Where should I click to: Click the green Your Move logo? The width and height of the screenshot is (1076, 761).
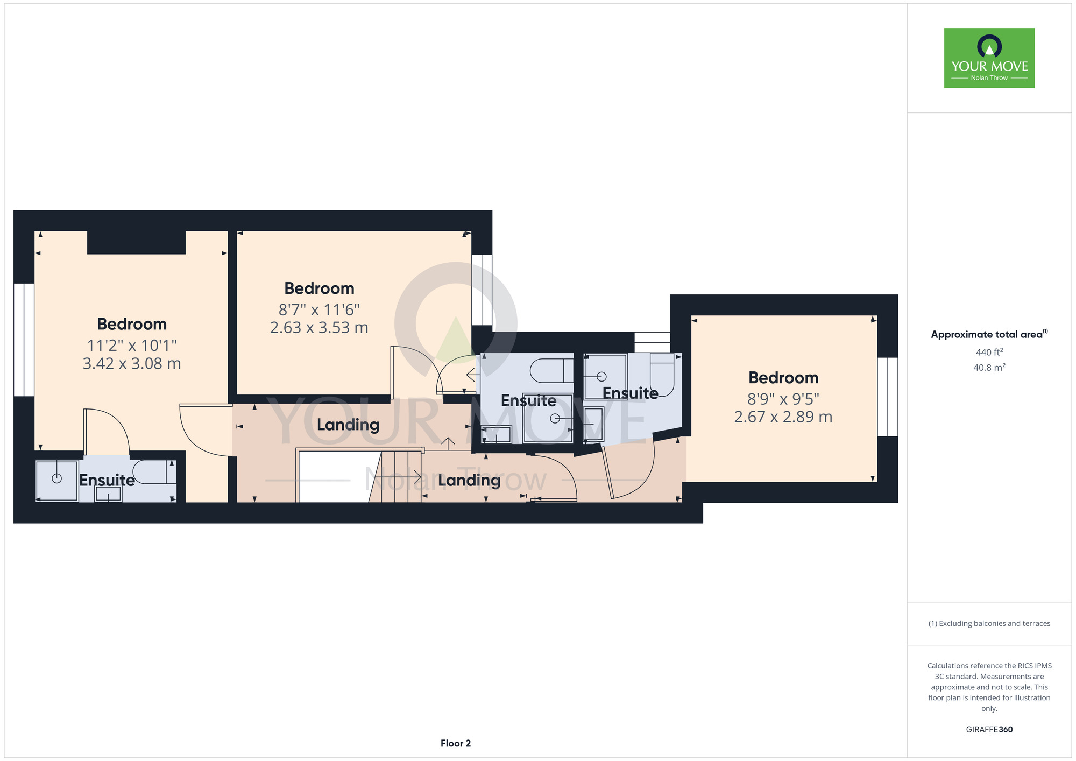tap(989, 58)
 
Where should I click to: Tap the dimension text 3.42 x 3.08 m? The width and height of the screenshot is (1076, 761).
tap(132, 364)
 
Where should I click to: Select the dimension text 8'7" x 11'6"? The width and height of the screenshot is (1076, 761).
tap(319, 310)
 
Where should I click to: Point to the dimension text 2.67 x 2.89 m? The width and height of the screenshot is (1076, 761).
tap(783, 417)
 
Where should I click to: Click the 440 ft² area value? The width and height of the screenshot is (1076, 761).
tap(989, 353)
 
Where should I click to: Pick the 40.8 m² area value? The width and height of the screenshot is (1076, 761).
tap(989, 368)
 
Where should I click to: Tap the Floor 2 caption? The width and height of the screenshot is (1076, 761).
tap(456, 743)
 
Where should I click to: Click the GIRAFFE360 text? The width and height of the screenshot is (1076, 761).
tap(989, 730)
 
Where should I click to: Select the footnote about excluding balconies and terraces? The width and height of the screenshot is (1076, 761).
tap(989, 623)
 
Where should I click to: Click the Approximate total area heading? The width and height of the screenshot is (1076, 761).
tap(989, 334)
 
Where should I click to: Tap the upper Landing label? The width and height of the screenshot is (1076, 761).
tap(348, 425)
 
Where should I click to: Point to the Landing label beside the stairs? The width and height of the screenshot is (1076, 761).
tap(469, 480)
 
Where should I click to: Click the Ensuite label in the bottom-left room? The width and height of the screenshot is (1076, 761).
tap(107, 480)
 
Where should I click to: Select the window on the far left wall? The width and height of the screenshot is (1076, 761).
tap(24, 340)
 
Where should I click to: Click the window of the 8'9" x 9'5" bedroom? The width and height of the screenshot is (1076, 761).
tap(888, 397)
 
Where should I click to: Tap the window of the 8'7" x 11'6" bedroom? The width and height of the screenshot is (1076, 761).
tap(482, 290)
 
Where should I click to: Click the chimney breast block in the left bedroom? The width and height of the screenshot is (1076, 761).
tap(137, 242)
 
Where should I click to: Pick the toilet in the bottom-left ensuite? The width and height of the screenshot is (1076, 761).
tap(154, 472)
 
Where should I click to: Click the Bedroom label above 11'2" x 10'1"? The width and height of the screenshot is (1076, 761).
tap(132, 324)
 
